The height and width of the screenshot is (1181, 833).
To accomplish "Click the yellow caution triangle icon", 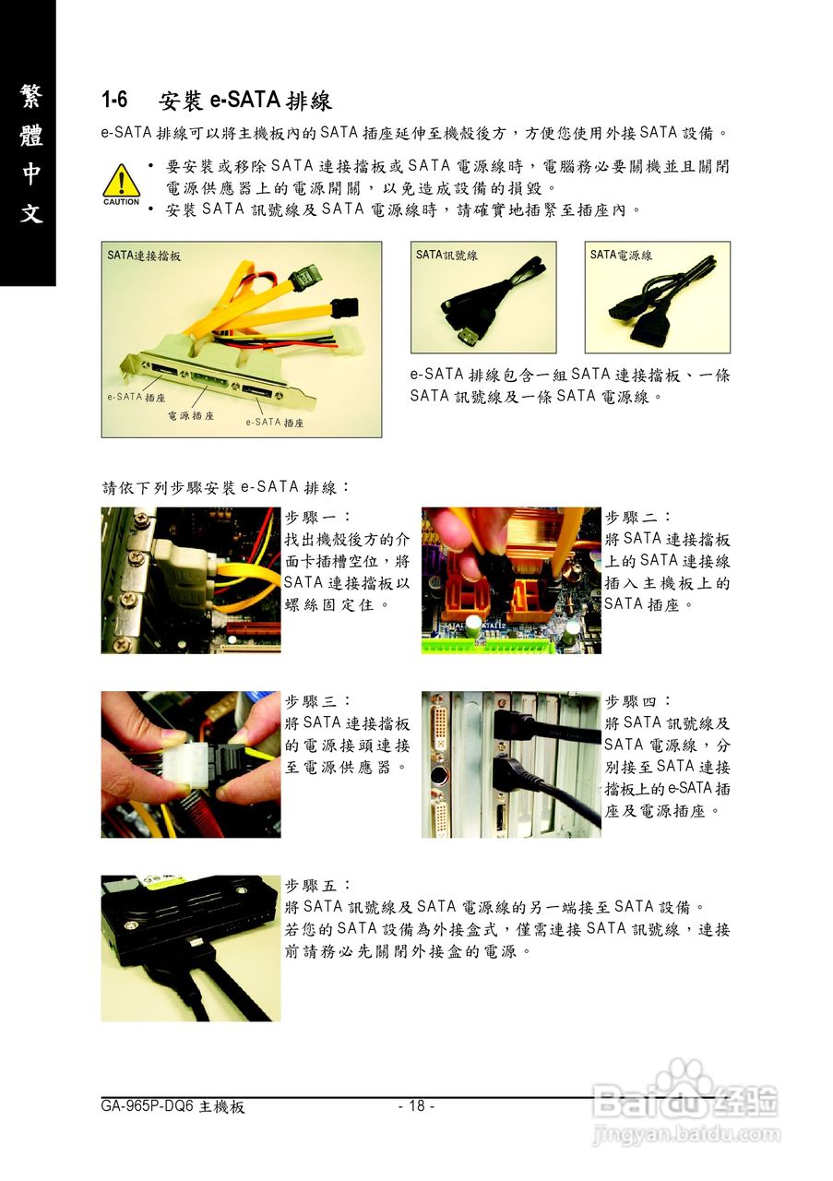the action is tap(121, 181).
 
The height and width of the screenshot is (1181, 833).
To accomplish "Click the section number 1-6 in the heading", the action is tap(114, 100).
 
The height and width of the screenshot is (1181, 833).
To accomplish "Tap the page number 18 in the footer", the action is tap(417, 1105).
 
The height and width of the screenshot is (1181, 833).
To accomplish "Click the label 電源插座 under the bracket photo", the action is tap(191, 415).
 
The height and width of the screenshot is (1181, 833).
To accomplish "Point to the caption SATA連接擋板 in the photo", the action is tap(144, 256).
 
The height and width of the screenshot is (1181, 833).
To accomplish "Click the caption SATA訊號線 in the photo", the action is tap(446, 256).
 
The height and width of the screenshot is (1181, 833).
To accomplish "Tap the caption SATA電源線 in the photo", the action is tap(621, 256).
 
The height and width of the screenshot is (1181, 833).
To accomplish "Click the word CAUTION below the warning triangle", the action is tap(121, 202).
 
